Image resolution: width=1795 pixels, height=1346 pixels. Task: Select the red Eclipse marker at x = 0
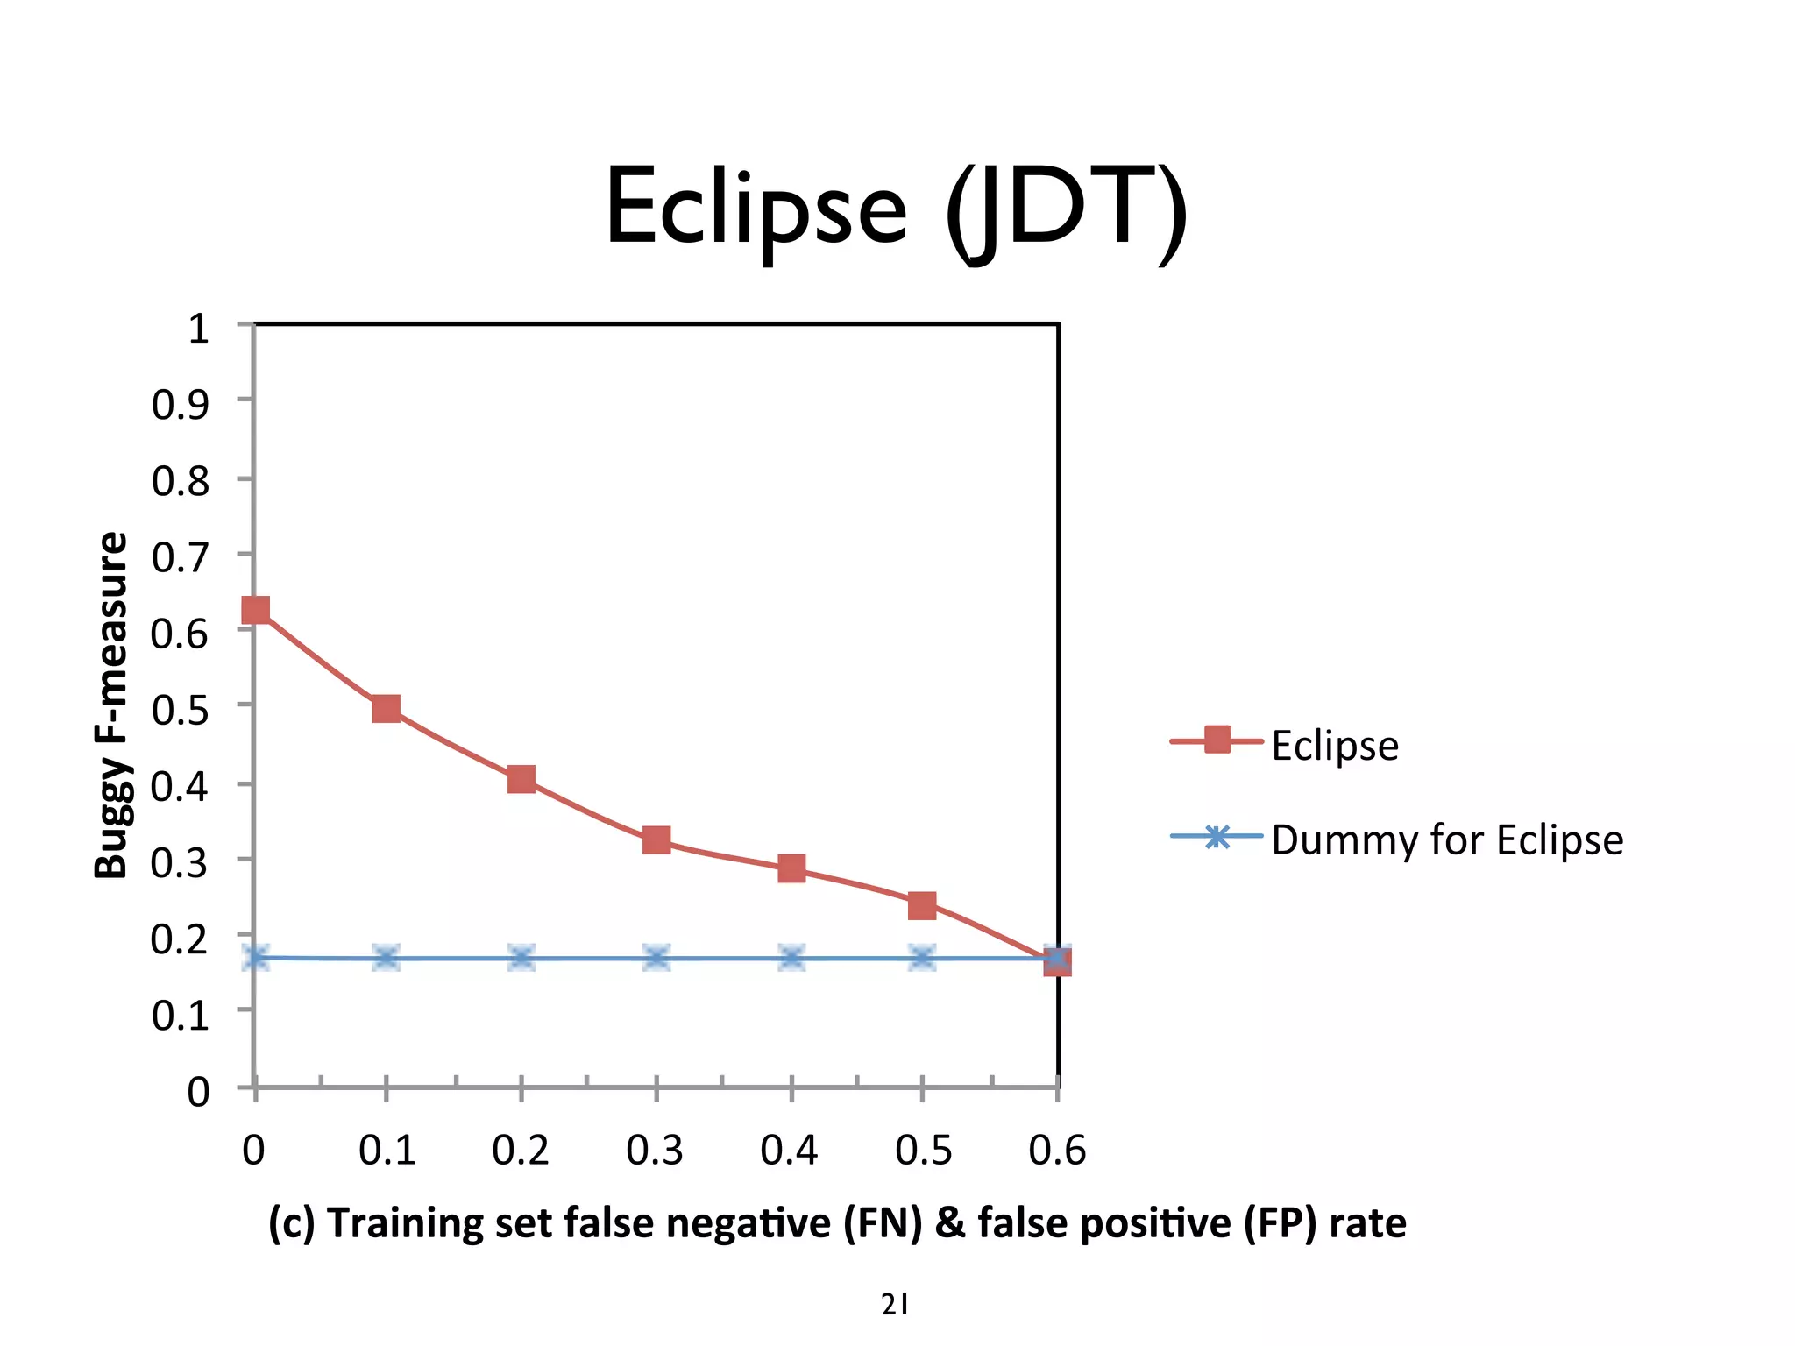[x=255, y=610]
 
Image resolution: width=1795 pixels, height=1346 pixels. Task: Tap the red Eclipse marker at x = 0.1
[x=386, y=708]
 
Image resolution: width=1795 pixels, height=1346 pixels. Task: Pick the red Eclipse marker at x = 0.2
[x=521, y=779]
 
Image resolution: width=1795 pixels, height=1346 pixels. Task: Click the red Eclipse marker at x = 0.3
[x=656, y=840]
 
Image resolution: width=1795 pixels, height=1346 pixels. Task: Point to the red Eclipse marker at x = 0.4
[x=791, y=868]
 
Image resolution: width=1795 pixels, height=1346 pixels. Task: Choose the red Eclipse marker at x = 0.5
[x=922, y=905]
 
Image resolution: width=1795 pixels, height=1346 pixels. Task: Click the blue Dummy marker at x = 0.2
[x=521, y=958]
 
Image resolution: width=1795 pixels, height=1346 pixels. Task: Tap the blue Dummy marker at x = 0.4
[x=791, y=958]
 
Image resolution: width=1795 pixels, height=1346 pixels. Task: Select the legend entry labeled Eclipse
[x=1334, y=746]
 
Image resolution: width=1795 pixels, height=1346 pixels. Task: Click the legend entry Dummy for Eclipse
[x=1446, y=839]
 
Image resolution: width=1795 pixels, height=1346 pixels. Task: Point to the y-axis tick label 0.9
[x=181, y=405]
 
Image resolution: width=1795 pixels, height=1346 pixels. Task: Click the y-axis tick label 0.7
[x=181, y=557]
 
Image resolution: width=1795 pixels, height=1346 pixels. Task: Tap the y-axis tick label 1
[x=199, y=329]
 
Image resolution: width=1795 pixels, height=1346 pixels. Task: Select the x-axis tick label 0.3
[x=655, y=1151]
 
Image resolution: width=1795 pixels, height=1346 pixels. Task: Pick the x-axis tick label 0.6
[x=1057, y=1151]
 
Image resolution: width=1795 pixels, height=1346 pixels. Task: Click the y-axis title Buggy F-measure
[x=112, y=705]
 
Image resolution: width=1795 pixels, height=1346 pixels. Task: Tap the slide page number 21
[x=894, y=1305]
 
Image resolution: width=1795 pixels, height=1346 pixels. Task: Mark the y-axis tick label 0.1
[x=181, y=1016]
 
